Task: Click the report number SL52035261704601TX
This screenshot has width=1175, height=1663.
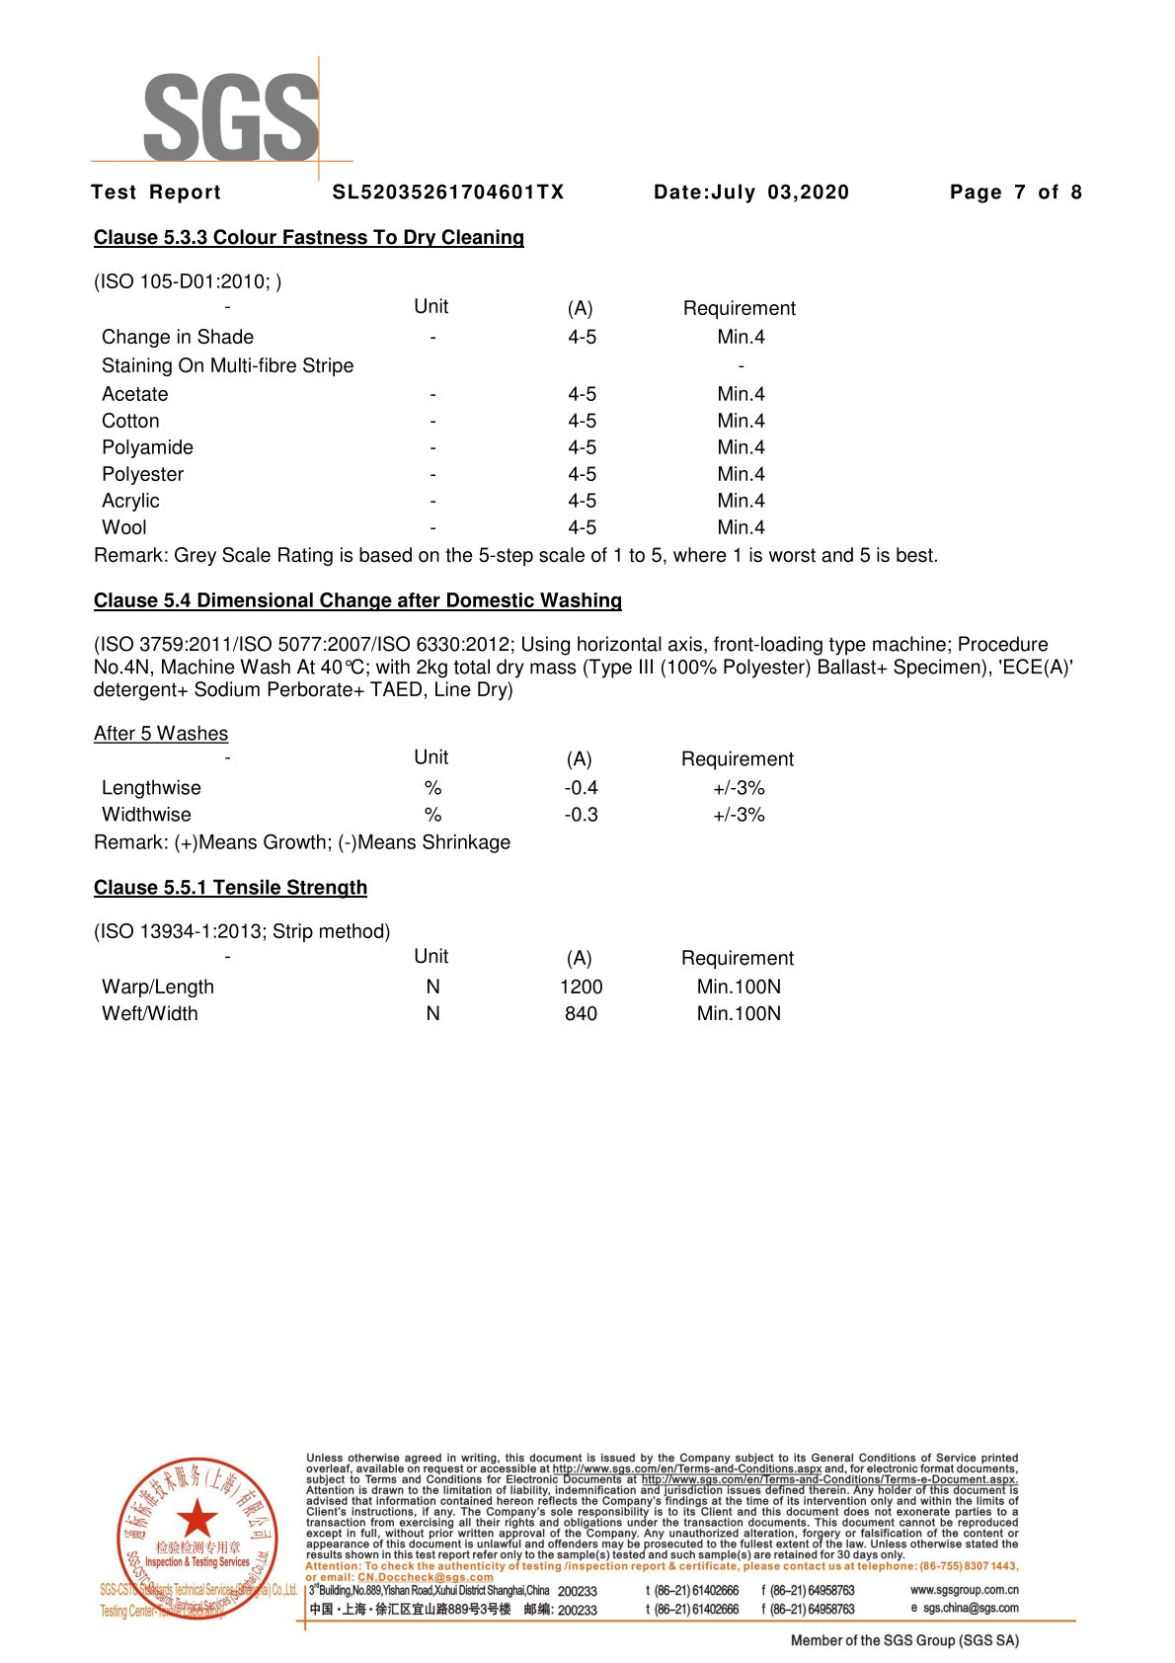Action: [448, 193]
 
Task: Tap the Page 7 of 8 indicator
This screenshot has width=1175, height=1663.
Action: [1015, 193]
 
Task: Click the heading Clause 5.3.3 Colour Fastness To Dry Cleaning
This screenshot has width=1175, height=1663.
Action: [308, 238]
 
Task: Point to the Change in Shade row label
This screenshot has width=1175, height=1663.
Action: [178, 337]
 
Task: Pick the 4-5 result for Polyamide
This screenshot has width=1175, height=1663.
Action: [582, 447]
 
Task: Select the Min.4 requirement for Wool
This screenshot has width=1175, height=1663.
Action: [741, 527]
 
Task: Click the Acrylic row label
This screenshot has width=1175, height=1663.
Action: [130, 501]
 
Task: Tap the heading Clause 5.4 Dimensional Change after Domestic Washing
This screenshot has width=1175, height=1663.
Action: [357, 600]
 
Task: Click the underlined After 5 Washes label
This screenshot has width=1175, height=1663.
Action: [161, 734]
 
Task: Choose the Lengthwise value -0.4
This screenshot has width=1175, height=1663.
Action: [581, 788]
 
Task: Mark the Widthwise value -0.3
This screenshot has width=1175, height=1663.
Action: [581, 815]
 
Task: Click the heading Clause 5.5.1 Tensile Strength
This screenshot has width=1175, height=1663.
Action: [230, 888]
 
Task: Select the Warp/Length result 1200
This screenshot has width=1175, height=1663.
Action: [581, 987]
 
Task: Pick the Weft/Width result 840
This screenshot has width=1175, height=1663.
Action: [581, 1013]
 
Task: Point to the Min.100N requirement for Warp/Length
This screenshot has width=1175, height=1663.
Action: [739, 987]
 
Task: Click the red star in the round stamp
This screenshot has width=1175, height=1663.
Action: [196, 1518]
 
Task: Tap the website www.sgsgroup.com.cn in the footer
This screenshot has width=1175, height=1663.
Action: [964, 1590]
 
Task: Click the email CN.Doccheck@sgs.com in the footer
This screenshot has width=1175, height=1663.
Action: [425, 1577]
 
